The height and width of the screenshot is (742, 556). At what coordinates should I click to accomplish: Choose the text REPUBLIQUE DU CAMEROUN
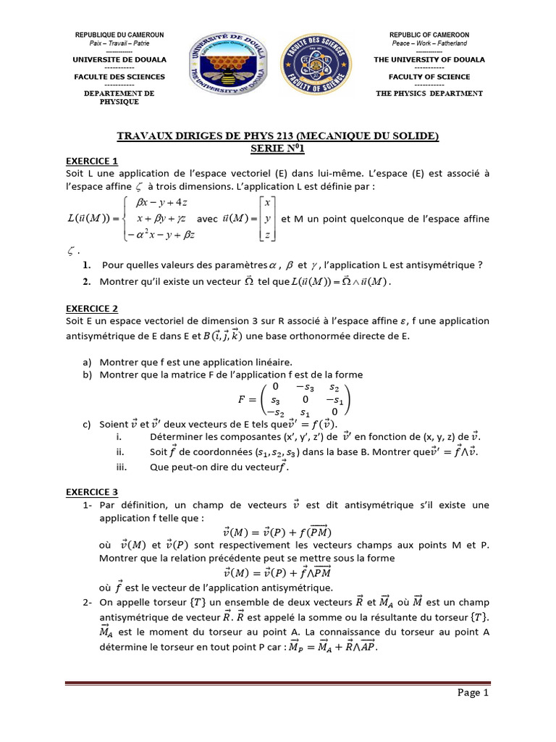click(x=119, y=35)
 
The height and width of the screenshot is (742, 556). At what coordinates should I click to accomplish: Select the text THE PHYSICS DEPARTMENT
click(x=429, y=93)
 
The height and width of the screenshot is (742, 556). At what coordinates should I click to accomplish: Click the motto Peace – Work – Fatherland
click(x=429, y=43)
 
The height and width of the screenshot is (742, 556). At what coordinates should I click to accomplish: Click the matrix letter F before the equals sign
click(x=242, y=399)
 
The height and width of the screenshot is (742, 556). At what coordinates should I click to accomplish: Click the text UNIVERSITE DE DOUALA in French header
click(x=119, y=59)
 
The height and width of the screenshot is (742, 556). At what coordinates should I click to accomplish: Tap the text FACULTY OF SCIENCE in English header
click(x=429, y=76)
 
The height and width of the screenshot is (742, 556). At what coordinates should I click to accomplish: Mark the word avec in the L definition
click(x=208, y=218)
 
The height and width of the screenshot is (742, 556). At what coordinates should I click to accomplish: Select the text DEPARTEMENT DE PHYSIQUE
click(x=119, y=98)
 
